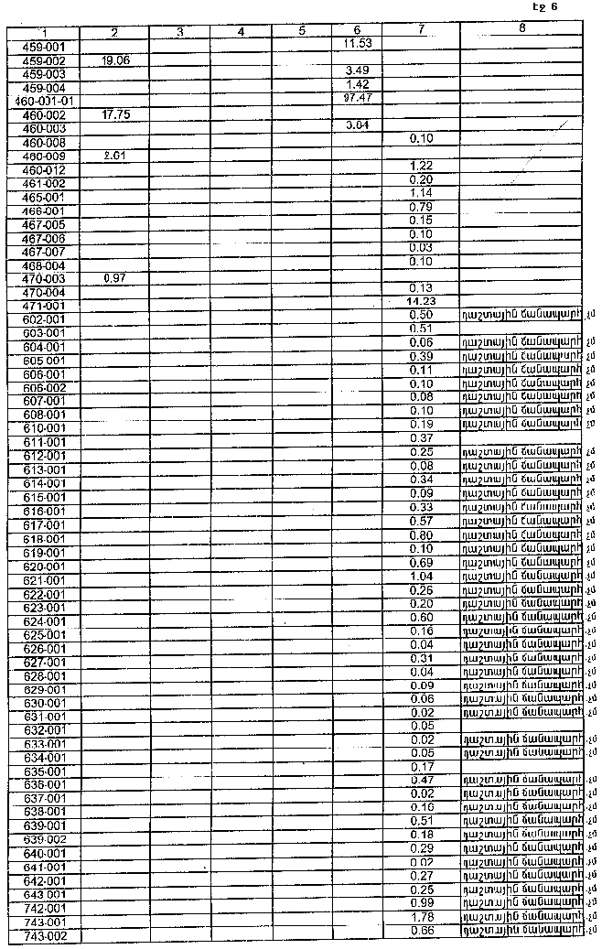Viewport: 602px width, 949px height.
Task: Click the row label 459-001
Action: (x=43, y=45)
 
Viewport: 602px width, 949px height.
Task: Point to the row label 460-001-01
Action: (x=43, y=101)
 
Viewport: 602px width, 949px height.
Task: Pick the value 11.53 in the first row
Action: (x=357, y=43)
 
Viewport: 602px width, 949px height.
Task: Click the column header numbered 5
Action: (x=301, y=32)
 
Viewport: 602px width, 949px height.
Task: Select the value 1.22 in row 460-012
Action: (x=421, y=166)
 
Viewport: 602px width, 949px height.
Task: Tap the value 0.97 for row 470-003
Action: (x=113, y=277)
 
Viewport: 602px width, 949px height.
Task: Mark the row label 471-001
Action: (x=43, y=306)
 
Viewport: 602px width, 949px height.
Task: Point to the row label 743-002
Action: (x=43, y=936)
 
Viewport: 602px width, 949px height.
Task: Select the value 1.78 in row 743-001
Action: (x=421, y=918)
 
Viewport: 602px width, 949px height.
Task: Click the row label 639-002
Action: (x=43, y=840)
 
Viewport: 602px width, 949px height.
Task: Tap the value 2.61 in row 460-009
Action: (x=113, y=156)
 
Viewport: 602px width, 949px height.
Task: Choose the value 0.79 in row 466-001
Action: (x=421, y=207)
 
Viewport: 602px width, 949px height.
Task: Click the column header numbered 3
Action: (x=179, y=32)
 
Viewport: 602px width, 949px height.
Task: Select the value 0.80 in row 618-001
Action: (x=421, y=534)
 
